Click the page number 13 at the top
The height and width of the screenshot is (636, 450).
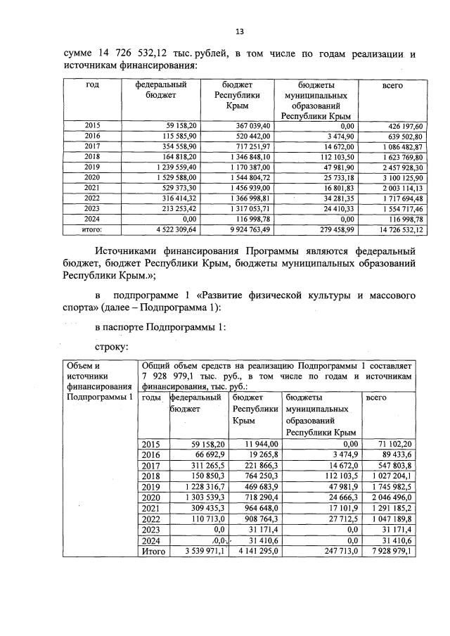[x=239, y=32]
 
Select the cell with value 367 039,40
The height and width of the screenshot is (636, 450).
[x=250, y=125]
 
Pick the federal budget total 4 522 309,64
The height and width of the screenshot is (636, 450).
[x=165, y=229]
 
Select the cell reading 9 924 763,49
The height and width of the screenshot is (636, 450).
[x=249, y=229]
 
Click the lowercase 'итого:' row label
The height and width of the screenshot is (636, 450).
[x=93, y=229]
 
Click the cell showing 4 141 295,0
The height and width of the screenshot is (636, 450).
[x=256, y=552]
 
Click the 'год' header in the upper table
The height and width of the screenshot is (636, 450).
[x=92, y=85]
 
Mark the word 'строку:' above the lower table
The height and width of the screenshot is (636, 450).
[x=110, y=347]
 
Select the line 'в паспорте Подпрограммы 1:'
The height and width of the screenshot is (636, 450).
[x=159, y=327]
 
